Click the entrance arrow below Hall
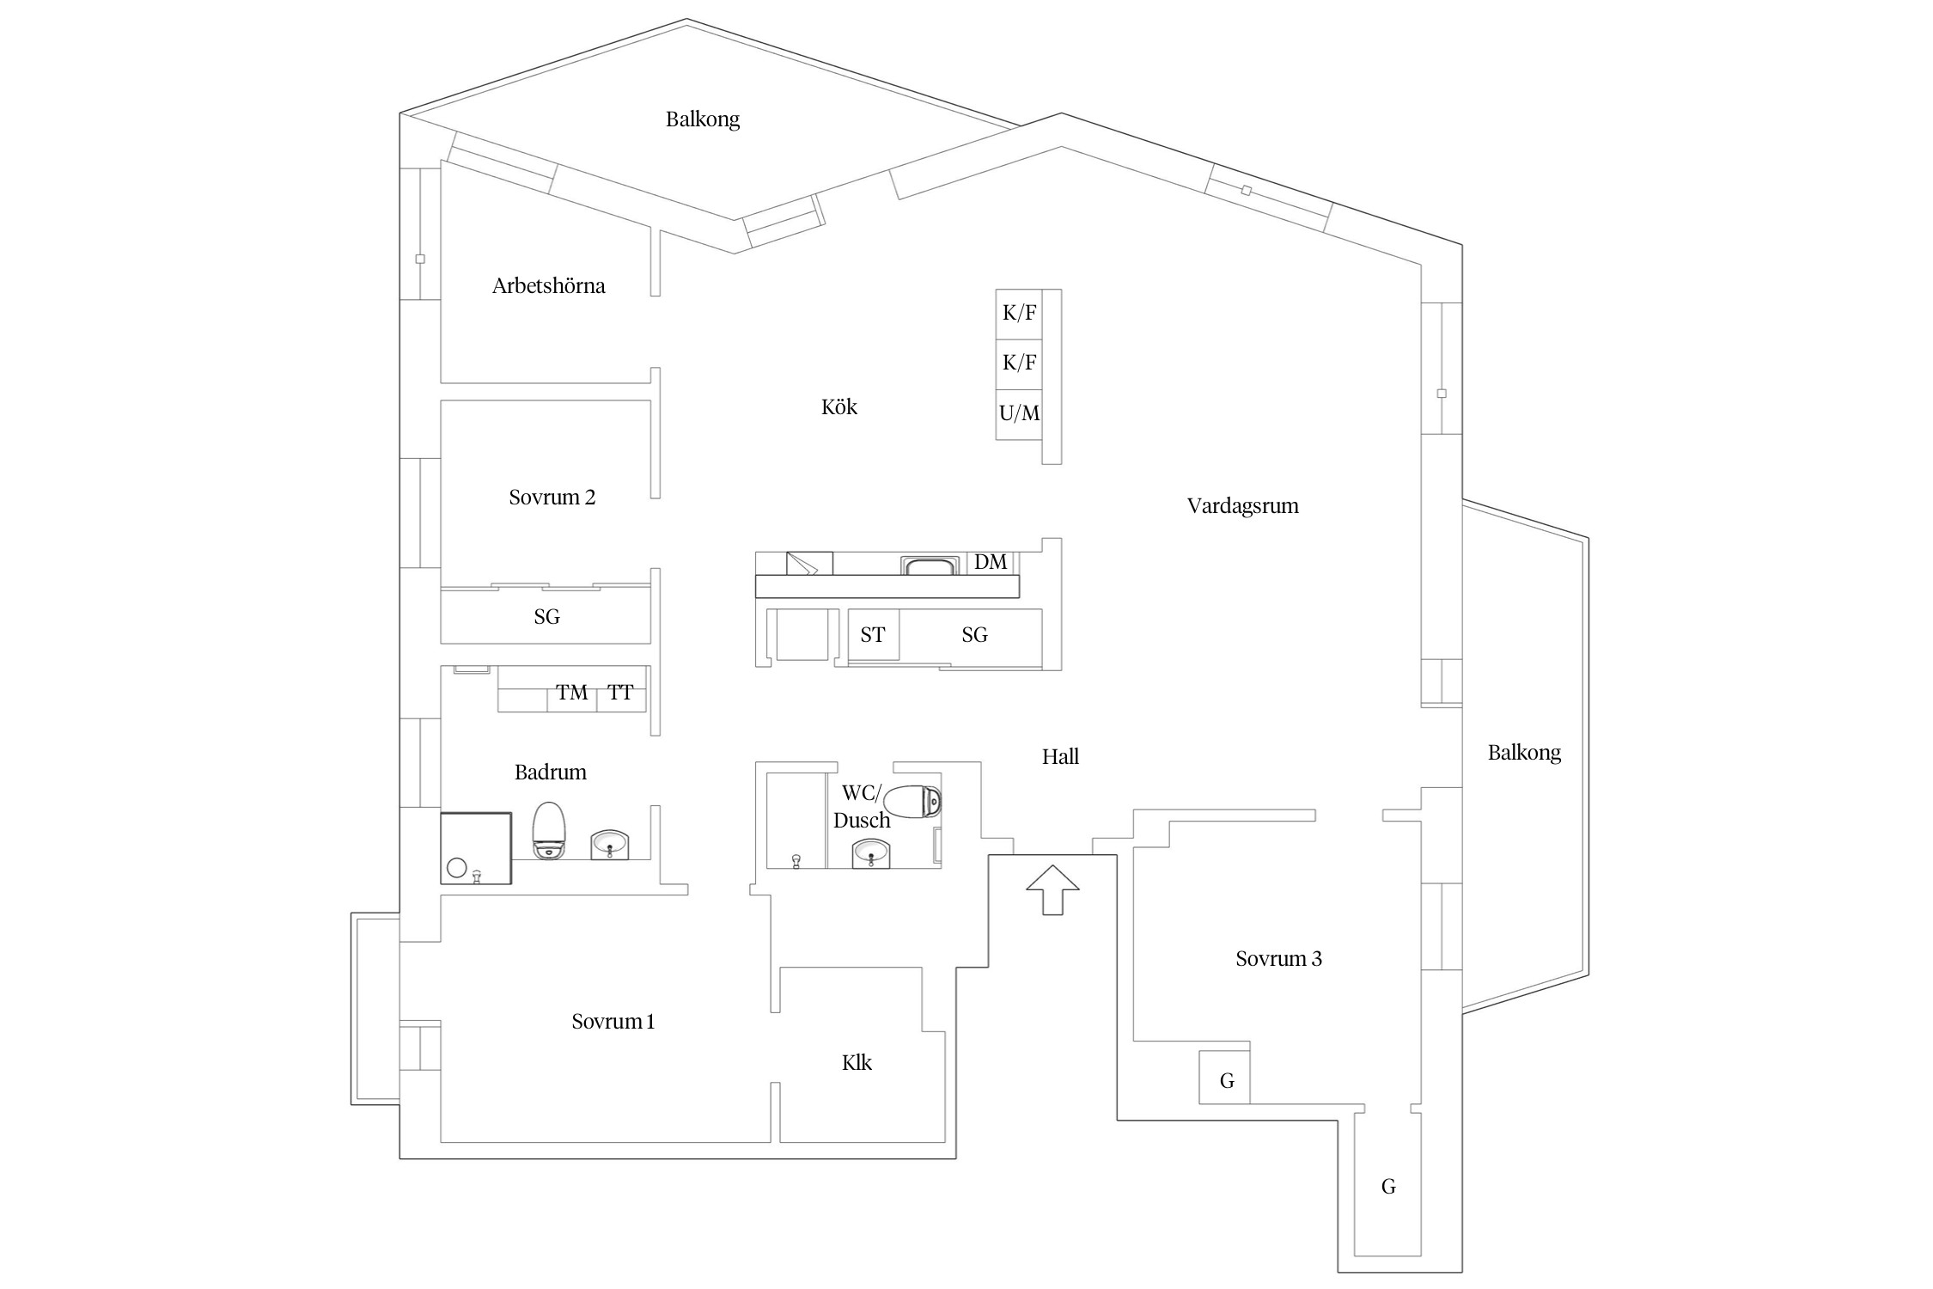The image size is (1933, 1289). click(x=1052, y=890)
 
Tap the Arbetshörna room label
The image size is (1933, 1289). click(x=549, y=286)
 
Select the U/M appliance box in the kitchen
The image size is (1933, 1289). click(x=1019, y=414)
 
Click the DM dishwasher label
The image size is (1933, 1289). click(x=991, y=562)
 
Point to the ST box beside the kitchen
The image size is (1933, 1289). click(x=874, y=635)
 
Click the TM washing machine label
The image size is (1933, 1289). click(x=572, y=693)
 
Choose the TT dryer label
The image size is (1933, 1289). click(x=620, y=693)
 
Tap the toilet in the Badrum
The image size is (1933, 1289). click(x=549, y=830)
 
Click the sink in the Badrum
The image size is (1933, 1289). click(x=610, y=845)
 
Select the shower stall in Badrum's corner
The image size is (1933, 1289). click(x=476, y=848)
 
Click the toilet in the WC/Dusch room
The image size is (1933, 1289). click(x=912, y=802)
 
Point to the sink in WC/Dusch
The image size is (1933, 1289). click(x=871, y=854)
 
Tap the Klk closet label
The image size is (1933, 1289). click(x=857, y=1063)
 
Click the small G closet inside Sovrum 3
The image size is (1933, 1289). click(x=1225, y=1077)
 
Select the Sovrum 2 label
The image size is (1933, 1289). click(x=552, y=498)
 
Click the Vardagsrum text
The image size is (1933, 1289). click(x=1242, y=506)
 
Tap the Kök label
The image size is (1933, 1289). click(x=839, y=406)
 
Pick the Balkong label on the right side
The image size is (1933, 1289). click(x=1524, y=754)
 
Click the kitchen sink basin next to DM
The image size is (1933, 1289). click(x=930, y=565)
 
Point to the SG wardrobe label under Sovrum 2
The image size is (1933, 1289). click(x=546, y=617)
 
